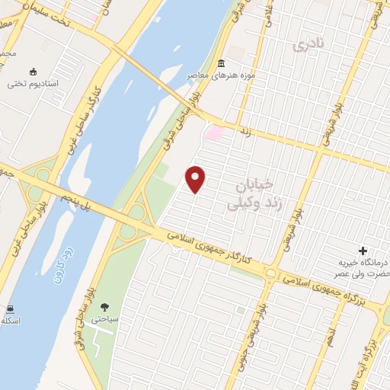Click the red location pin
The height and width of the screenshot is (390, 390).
point(197,179)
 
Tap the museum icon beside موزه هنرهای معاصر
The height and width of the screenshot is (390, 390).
point(221,62)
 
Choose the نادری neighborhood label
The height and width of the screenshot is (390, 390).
point(308,45)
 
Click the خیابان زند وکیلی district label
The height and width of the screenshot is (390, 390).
point(256,193)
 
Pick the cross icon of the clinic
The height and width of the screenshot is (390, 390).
point(363,250)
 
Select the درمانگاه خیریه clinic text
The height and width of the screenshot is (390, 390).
point(363,264)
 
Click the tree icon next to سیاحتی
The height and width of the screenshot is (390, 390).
point(103,308)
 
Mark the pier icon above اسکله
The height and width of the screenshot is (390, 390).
point(10,308)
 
